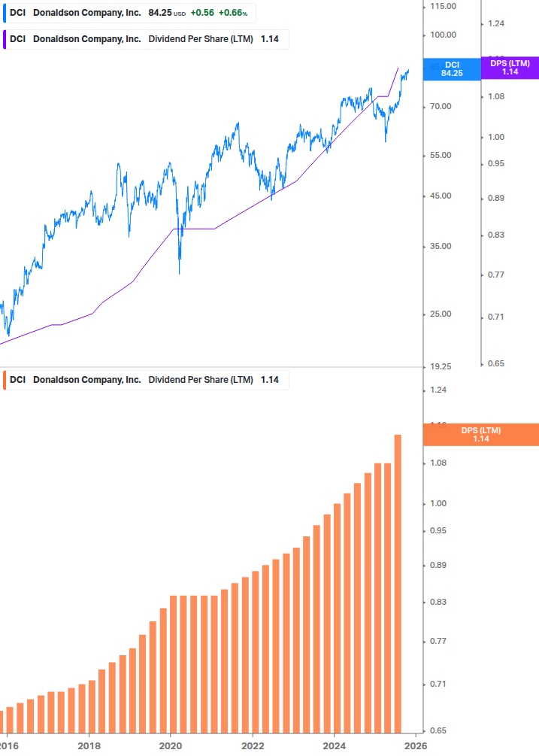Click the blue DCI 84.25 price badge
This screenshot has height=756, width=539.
(x=452, y=69)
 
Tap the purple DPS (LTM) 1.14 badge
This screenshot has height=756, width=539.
(x=510, y=68)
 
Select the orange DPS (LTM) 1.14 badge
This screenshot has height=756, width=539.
(x=480, y=435)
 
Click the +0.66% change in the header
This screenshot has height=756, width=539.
(x=232, y=13)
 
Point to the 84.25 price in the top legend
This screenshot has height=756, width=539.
(x=160, y=13)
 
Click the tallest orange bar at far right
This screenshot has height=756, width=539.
(x=398, y=583)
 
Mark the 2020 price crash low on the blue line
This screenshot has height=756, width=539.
(x=179, y=273)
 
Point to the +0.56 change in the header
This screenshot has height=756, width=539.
(x=201, y=13)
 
